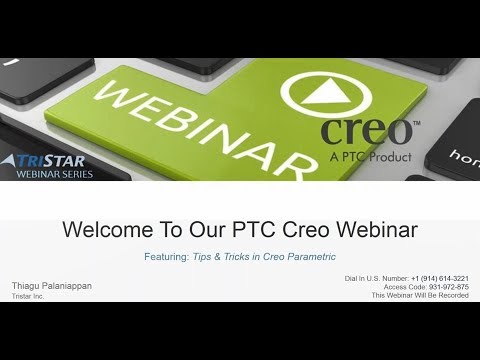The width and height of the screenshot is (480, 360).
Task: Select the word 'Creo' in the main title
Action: (302, 229)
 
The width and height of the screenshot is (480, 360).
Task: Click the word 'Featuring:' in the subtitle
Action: (165, 257)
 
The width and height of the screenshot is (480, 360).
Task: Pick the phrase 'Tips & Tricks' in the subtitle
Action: (218, 257)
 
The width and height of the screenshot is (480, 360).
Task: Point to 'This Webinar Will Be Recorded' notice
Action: (420, 295)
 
